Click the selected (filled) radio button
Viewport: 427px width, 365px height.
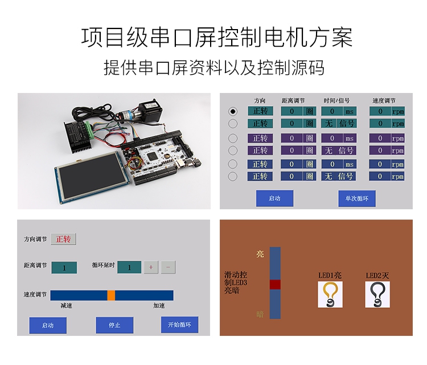(x=233, y=111)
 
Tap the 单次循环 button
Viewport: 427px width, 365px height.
(x=357, y=198)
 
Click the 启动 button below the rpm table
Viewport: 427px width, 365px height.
(x=274, y=198)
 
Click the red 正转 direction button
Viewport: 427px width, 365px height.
(x=63, y=240)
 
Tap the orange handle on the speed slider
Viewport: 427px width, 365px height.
(x=111, y=295)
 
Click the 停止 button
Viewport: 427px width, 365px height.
(x=114, y=325)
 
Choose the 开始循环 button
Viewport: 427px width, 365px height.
(x=179, y=325)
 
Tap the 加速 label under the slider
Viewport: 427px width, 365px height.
(x=159, y=306)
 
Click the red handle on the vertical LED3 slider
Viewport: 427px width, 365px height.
(x=276, y=284)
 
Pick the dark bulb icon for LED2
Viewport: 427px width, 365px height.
(x=377, y=294)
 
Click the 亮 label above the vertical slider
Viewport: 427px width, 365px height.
(x=260, y=254)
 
